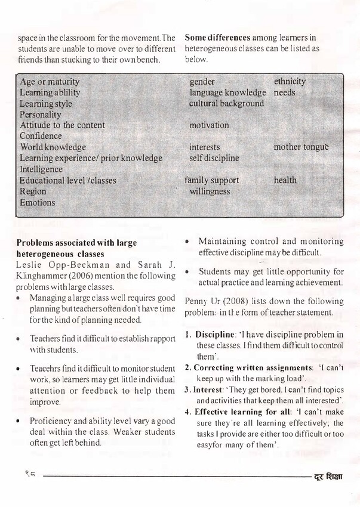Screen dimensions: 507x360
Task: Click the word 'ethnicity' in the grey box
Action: pyautogui.click(x=290, y=81)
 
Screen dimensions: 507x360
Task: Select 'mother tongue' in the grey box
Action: pyautogui.click(x=301, y=147)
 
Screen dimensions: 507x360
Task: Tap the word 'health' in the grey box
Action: pyautogui.click(x=285, y=180)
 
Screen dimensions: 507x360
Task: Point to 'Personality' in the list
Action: pyautogui.click(x=41, y=114)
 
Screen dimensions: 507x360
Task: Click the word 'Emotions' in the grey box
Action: pyautogui.click(x=37, y=203)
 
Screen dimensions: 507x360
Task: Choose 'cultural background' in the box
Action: pyautogui.click(x=226, y=103)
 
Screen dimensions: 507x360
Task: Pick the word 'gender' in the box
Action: pyautogui.click(x=202, y=81)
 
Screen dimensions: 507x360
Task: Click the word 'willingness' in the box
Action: pyautogui.click(x=210, y=191)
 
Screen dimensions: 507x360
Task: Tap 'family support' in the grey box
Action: pyautogui.click(x=211, y=180)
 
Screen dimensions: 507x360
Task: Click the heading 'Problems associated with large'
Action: pyautogui.click(x=76, y=243)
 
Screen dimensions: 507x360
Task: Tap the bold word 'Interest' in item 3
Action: pyautogui.click(x=207, y=389)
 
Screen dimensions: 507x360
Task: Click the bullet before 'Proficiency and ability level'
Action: pyautogui.click(x=20, y=422)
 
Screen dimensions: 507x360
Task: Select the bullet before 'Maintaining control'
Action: pyautogui.click(x=187, y=242)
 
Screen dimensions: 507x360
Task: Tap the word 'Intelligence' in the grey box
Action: pyautogui.click(x=41, y=169)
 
